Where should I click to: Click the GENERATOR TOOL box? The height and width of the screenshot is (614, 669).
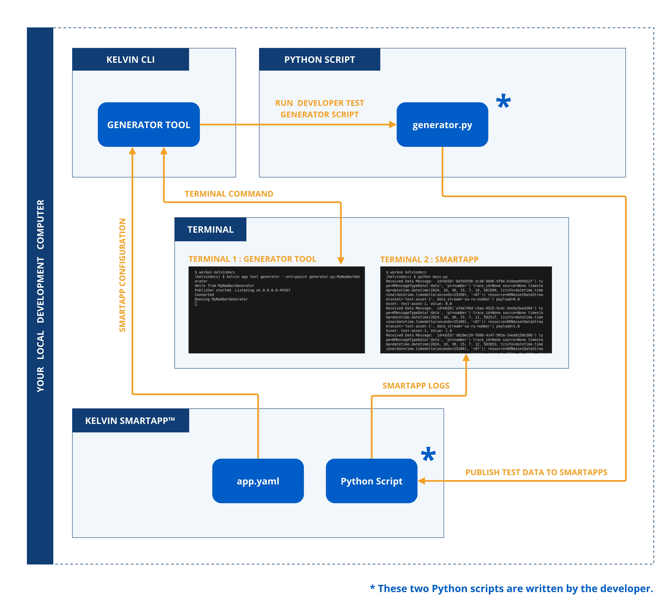tap(149, 125)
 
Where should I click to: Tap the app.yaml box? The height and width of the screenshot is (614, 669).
tap(258, 481)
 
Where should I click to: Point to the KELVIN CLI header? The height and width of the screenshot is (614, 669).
tap(130, 59)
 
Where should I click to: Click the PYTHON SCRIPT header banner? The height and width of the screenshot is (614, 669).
tap(319, 59)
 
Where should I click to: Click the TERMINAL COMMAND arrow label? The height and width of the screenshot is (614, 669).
tap(229, 194)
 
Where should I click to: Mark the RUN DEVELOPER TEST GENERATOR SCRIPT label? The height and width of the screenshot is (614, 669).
tap(319, 109)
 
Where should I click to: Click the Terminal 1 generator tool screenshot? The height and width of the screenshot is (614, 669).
tap(276, 310)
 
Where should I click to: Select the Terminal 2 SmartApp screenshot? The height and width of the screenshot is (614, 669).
tap(466, 310)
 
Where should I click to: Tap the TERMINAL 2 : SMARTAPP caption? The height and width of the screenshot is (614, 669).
tap(429, 259)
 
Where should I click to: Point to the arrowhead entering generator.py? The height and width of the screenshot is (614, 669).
tap(393, 125)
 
